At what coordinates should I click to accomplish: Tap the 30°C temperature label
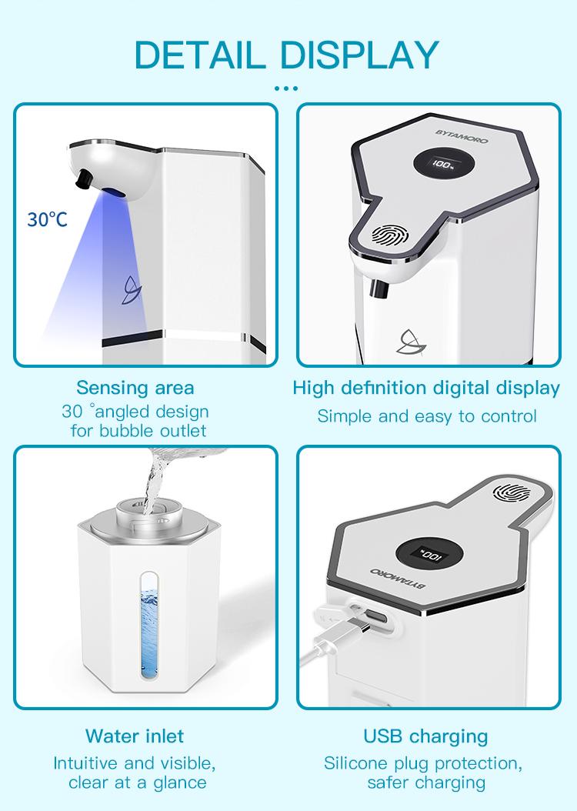pyautogui.click(x=48, y=219)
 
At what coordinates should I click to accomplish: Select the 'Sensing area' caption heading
pyautogui.click(x=135, y=387)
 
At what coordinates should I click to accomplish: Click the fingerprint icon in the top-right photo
pyautogui.click(x=389, y=235)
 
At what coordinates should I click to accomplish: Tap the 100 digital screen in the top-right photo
pyautogui.click(x=442, y=164)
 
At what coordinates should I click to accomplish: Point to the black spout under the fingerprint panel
pyautogui.click(x=377, y=289)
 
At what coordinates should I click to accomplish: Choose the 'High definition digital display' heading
pyautogui.click(x=426, y=387)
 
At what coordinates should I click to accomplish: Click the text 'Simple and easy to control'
pyautogui.click(x=427, y=416)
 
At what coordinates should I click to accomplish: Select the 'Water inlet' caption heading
pyautogui.click(x=135, y=736)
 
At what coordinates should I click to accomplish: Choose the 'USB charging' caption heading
pyautogui.click(x=426, y=736)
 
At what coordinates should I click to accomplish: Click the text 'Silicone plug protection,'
pyautogui.click(x=423, y=763)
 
